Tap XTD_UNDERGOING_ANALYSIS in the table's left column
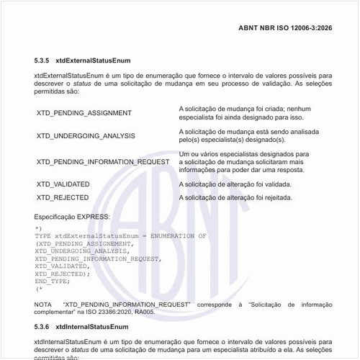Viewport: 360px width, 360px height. (x=86, y=136)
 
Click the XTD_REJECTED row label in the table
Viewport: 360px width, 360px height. (x=63, y=197)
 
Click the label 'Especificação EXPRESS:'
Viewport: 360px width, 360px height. (x=72, y=217)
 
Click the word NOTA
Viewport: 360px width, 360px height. (x=43, y=305)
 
